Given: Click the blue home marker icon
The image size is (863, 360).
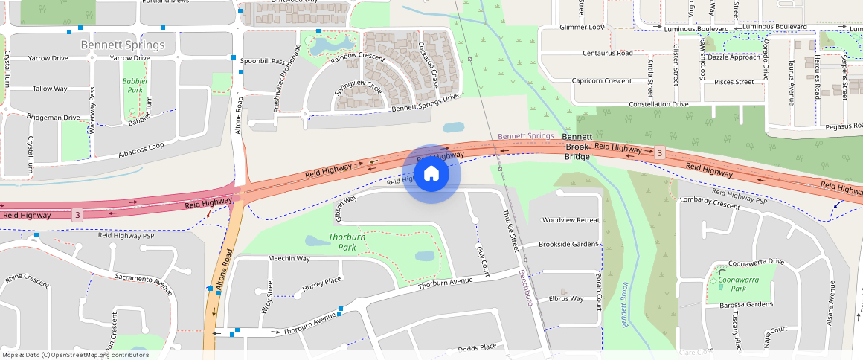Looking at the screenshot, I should pos(431,174).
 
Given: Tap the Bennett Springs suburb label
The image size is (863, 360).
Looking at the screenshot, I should pos(123,45).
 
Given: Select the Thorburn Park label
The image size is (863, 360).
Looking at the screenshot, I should pos(347,242).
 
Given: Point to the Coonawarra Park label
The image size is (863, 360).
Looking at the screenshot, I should pos(738,283).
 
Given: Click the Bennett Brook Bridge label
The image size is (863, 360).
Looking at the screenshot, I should pos(577,147).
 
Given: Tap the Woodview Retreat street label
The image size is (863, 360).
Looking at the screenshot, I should pos(571,220).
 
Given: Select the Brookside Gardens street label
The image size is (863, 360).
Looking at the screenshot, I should pos(568,244).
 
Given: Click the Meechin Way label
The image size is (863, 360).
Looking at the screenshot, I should pos(289,258).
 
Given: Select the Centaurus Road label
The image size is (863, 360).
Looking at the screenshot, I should pos(607,53).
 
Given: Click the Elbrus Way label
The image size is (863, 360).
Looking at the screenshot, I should pos(566,298).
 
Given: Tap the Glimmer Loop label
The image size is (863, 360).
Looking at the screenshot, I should pos(582,27).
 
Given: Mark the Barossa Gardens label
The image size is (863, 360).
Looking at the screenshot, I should pos(740,304).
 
